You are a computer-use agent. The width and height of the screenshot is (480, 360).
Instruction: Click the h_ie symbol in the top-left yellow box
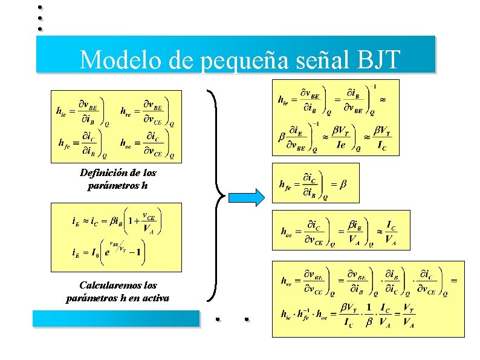(61, 111)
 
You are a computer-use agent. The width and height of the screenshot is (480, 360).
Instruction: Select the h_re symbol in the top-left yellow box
(126, 111)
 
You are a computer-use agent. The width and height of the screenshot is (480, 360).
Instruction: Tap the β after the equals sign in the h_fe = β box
(342, 184)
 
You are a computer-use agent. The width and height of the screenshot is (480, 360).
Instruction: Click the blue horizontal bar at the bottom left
(115, 318)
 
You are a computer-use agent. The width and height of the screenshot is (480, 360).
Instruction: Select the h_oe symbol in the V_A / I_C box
(287, 231)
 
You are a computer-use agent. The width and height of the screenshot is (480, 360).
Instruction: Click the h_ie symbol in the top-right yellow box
(284, 99)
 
